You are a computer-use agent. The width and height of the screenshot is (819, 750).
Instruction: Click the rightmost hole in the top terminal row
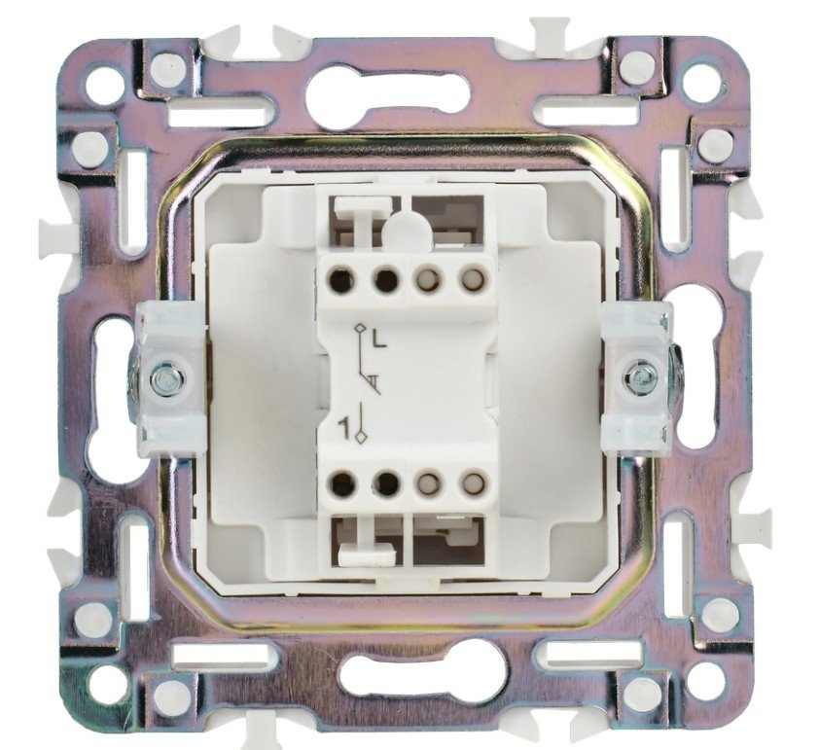point(473,279)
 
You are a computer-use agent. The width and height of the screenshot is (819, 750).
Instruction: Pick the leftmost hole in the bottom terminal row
point(341,483)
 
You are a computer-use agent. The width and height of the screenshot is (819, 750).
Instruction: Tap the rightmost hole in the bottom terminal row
point(473,482)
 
